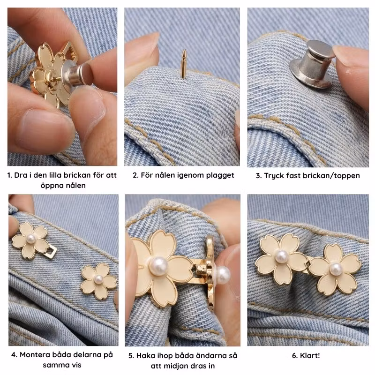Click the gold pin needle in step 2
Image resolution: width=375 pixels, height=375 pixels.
click(184, 64)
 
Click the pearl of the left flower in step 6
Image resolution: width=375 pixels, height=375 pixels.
click(281, 256)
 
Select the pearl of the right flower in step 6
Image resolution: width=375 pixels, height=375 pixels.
click(336, 269)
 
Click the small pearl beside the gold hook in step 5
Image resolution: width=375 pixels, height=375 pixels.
click(223, 275)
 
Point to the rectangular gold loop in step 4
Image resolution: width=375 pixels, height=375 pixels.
click(51, 251)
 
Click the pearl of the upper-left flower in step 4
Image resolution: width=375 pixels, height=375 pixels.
click(31, 239)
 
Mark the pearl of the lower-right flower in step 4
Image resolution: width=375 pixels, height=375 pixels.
click(98, 279)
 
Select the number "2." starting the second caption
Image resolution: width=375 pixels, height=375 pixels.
click(135, 175)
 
